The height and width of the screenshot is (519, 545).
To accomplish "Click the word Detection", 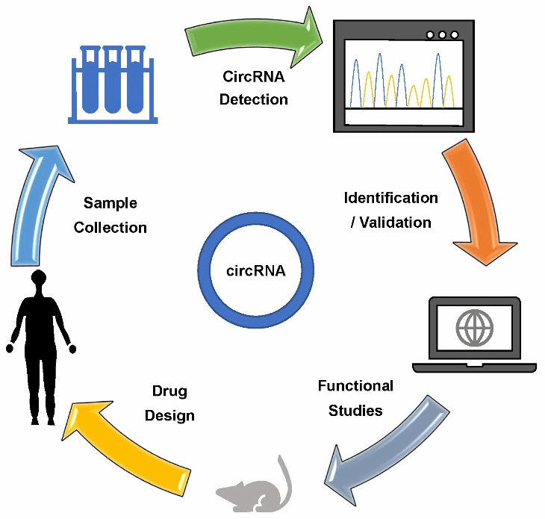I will pyautogui.click(x=254, y=99).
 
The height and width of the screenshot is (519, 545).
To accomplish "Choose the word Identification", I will pyautogui.click(x=390, y=198).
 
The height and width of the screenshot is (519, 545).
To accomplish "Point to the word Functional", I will pyautogui.click(x=355, y=386).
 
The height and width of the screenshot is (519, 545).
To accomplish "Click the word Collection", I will pyautogui.click(x=110, y=226).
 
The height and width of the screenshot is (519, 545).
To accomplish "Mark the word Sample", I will pyautogui.click(x=110, y=202).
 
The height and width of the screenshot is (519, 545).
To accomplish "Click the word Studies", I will pyautogui.click(x=355, y=410).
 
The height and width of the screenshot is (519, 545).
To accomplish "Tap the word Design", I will pyautogui.click(x=169, y=415).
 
